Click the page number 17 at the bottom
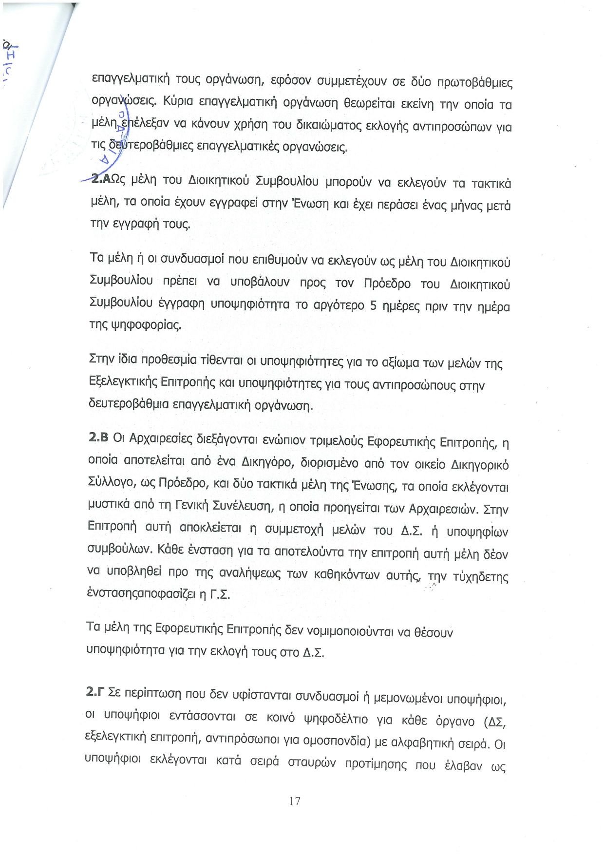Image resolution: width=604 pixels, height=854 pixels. (x=295, y=801)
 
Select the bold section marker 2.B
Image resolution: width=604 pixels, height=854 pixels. (x=98, y=437)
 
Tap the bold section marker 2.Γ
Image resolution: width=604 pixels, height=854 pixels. (x=95, y=692)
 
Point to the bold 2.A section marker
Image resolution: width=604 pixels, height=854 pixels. (x=102, y=179)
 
